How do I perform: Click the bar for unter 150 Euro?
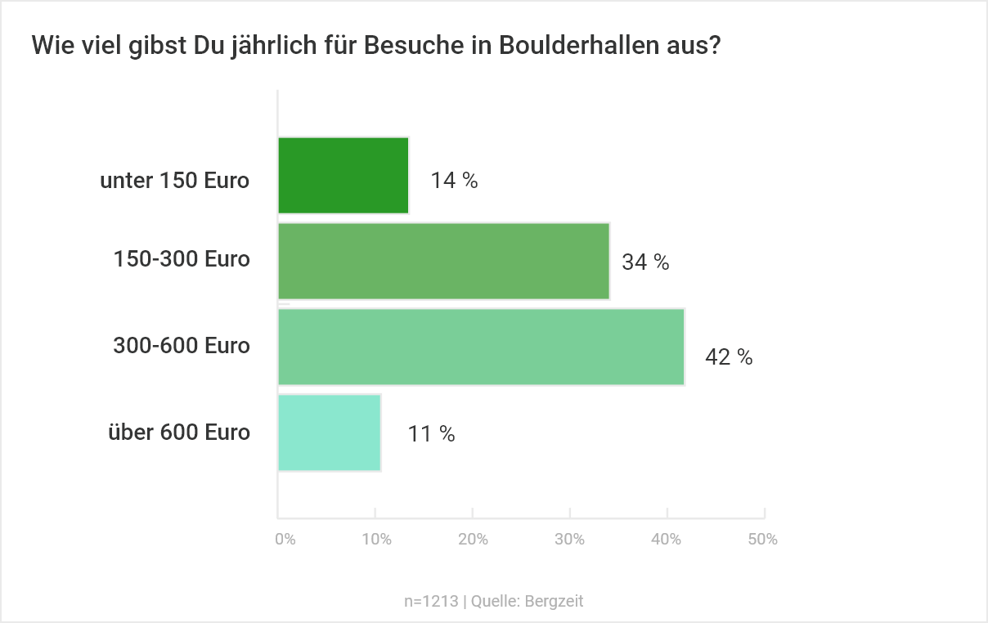coord(344,176)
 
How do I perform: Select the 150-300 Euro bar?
coord(444,262)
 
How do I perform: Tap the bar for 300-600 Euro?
coord(482,347)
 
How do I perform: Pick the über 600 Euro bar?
coord(330,433)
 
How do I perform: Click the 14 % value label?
coord(454,181)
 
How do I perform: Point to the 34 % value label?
coord(645,262)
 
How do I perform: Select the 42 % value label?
coord(729,357)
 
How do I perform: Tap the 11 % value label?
coord(431,434)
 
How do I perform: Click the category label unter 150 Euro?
coord(174,181)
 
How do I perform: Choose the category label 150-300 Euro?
coord(182,259)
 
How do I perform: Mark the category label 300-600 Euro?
coord(182,346)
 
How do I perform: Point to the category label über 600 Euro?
coord(179,432)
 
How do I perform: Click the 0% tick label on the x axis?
coord(285,540)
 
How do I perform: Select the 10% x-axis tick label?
coord(376,540)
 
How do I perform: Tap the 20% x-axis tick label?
coord(473,540)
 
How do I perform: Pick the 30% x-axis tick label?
coord(569,540)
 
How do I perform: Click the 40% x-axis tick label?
coord(667,540)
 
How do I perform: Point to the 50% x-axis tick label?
coord(762,540)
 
